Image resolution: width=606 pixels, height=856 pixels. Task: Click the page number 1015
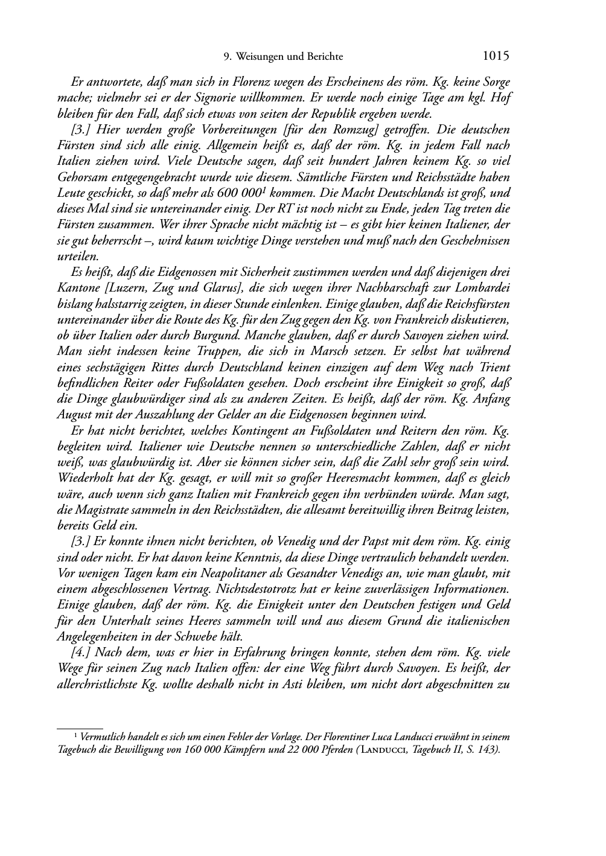pyautogui.click(x=496, y=56)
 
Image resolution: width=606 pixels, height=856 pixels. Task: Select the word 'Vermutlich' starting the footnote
pyautogui.click(x=103, y=737)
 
